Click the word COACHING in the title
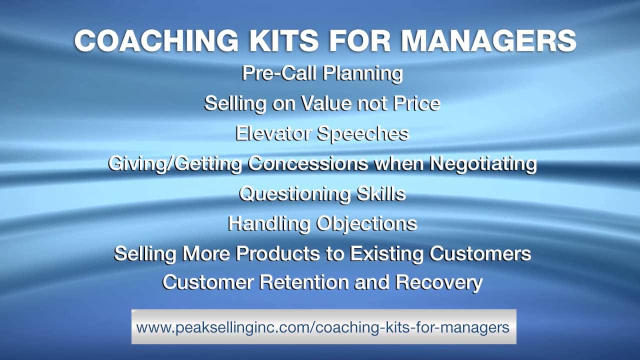click(x=156, y=40)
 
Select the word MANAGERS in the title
click(x=489, y=40)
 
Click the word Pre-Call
click(x=279, y=73)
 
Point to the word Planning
click(x=363, y=74)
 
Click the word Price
click(x=416, y=103)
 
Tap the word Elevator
click(x=273, y=133)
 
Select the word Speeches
click(x=363, y=134)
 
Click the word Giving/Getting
click(x=175, y=164)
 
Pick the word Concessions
click(x=308, y=163)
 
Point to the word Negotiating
click(x=483, y=164)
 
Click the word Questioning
click(x=294, y=194)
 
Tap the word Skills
click(x=381, y=193)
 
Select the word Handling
click(x=269, y=224)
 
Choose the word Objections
click(x=367, y=224)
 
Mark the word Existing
click(x=386, y=254)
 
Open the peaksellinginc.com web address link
click(x=323, y=327)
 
